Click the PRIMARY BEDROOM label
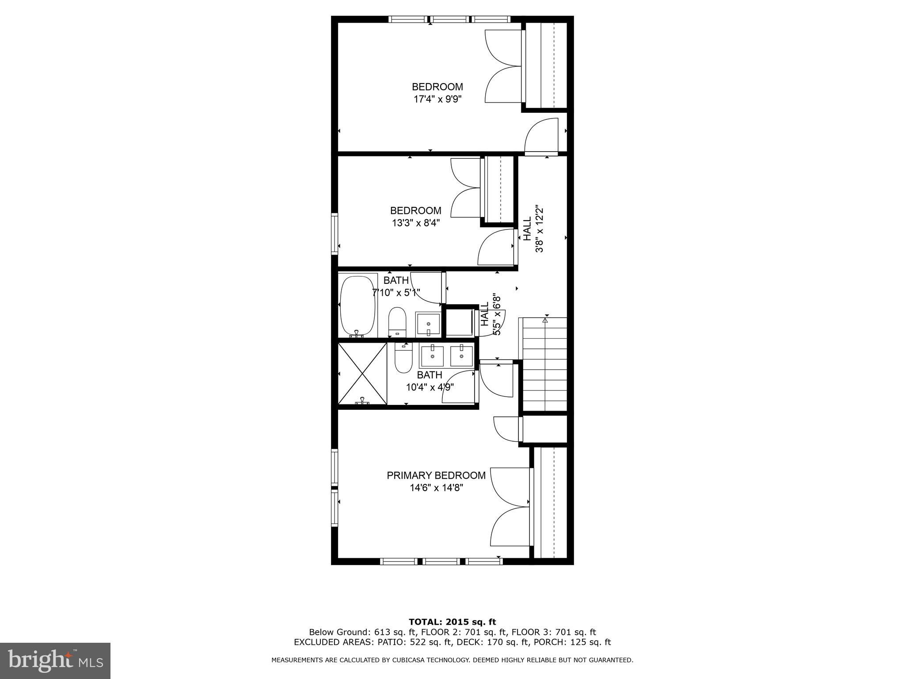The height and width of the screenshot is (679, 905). click(436, 475)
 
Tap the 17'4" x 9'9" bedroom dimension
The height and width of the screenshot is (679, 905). click(437, 99)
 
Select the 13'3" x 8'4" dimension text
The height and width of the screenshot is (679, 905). click(416, 223)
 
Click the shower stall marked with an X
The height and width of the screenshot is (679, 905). click(362, 374)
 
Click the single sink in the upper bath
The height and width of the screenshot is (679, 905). click(428, 324)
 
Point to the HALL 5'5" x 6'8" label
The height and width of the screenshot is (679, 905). click(491, 314)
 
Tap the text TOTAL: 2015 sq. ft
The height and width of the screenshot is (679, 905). click(452, 622)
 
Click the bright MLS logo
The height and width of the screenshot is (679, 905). click(55, 660)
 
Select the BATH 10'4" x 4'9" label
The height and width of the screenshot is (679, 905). click(430, 381)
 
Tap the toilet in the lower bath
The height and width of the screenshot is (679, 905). click(403, 358)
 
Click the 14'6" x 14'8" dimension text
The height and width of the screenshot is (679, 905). click(436, 488)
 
